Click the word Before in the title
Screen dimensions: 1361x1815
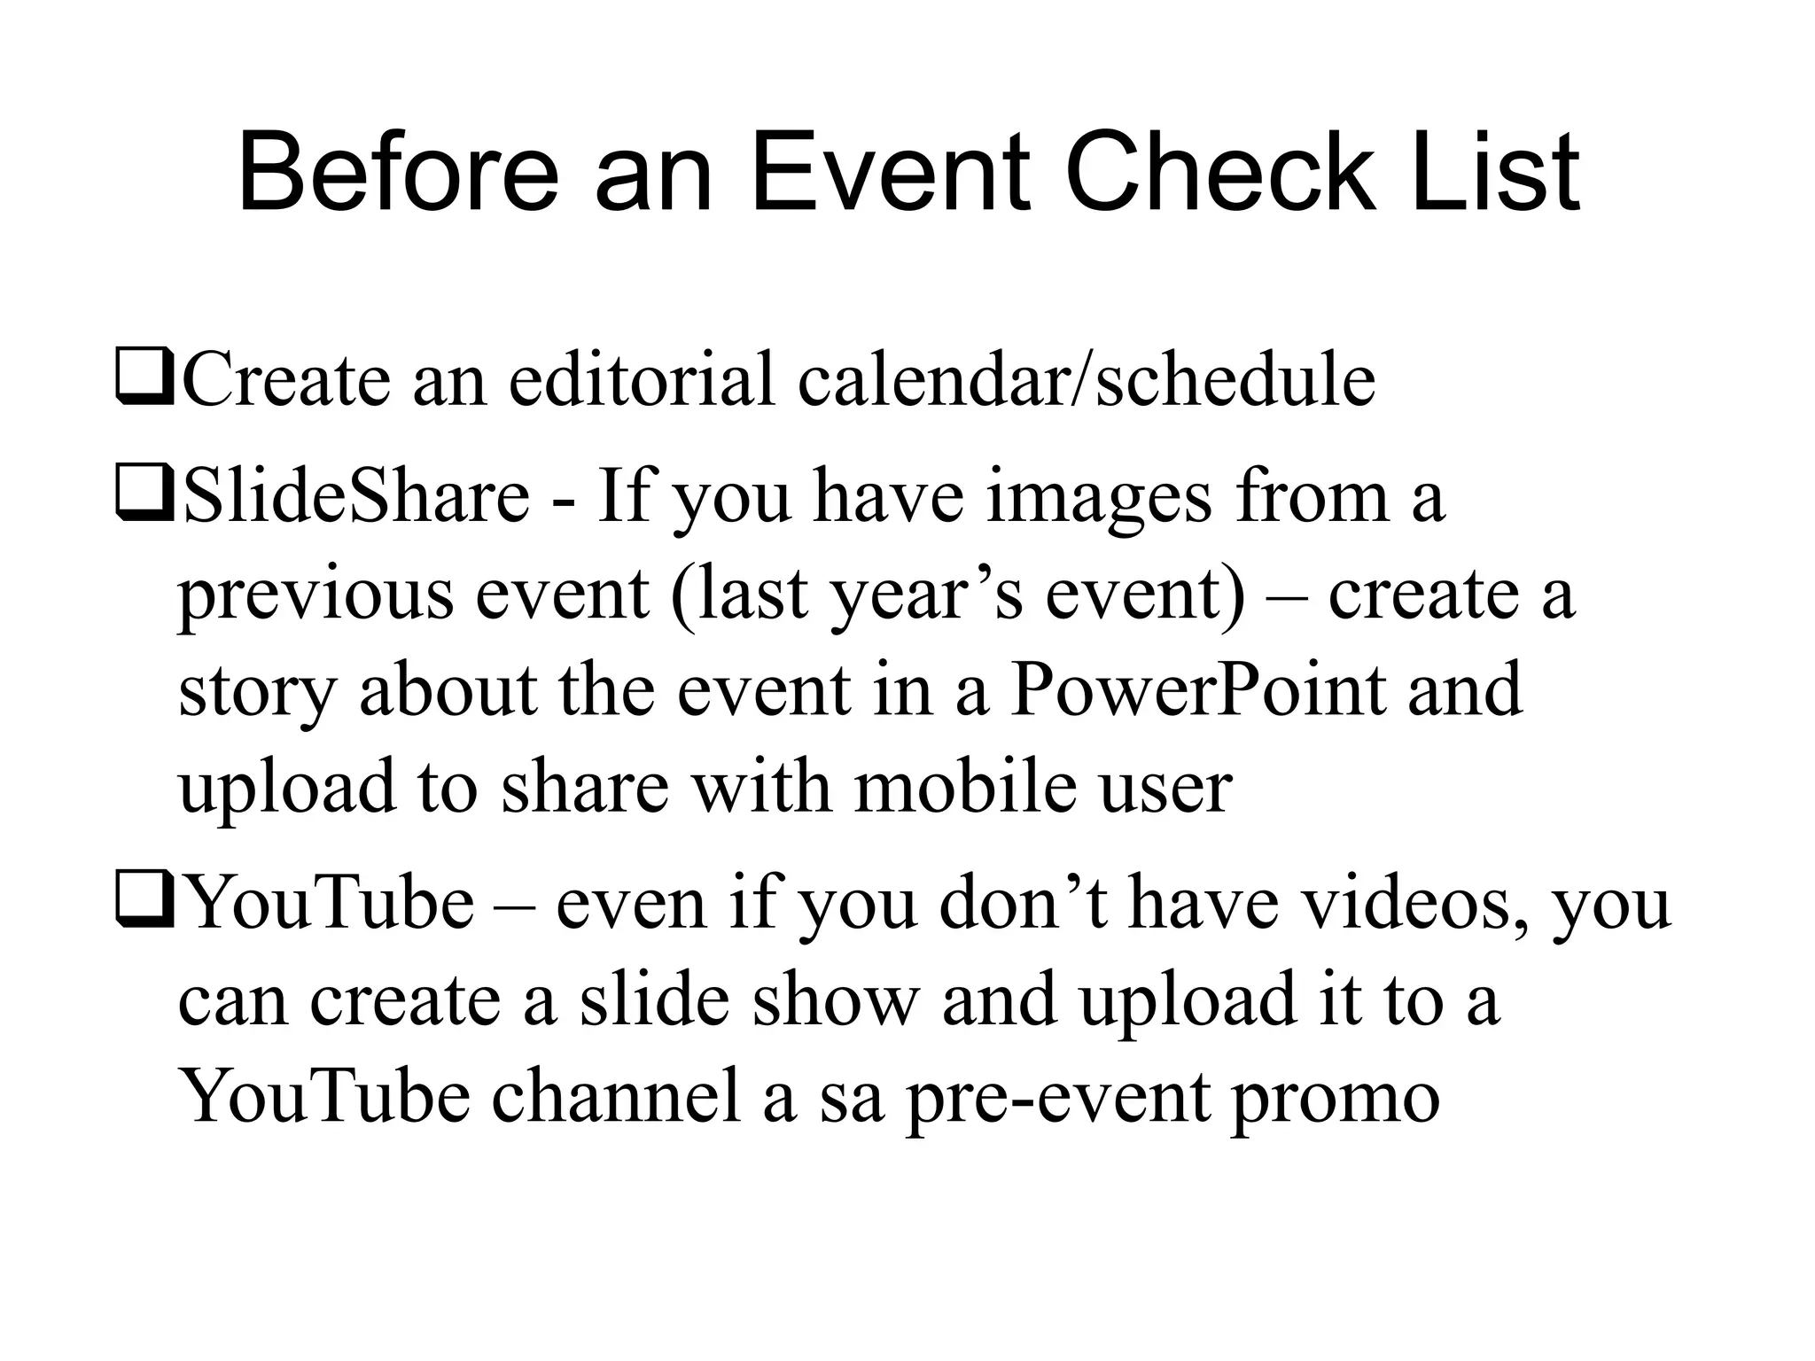coord(399,173)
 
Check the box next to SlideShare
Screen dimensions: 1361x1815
coord(144,497)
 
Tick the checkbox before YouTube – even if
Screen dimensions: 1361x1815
coord(144,905)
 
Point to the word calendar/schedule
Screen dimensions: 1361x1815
coord(1087,379)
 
